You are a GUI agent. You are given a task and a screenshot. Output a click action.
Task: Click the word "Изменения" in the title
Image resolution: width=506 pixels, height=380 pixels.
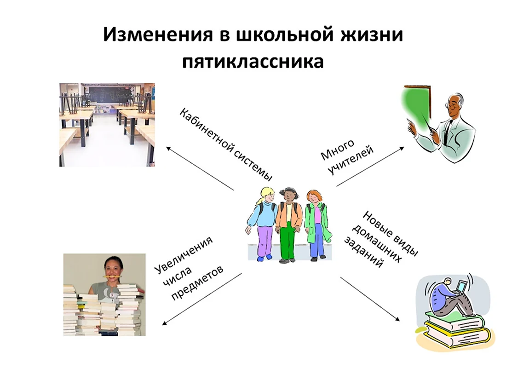pyautogui.click(x=158, y=35)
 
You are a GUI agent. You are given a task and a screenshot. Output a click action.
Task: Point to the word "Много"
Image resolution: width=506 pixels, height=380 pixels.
pyautogui.click(x=337, y=150)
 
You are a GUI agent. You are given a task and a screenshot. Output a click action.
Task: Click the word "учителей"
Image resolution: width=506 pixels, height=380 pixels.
pyautogui.click(x=351, y=160)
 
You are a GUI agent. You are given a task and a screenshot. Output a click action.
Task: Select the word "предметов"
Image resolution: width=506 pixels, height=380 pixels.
pyautogui.click(x=197, y=283)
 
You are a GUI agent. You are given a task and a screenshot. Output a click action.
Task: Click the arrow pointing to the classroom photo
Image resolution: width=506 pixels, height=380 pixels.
pyautogui.click(x=200, y=168)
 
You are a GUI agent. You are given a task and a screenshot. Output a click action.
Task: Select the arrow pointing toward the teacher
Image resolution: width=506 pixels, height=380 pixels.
pyautogui.click(x=370, y=167)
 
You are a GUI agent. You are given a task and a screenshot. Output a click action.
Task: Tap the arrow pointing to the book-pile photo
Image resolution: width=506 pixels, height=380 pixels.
pyautogui.click(x=201, y=299)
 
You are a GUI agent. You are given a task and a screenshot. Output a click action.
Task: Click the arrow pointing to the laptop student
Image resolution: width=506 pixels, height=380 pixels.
pyautogui.click(x=370, y=299)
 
